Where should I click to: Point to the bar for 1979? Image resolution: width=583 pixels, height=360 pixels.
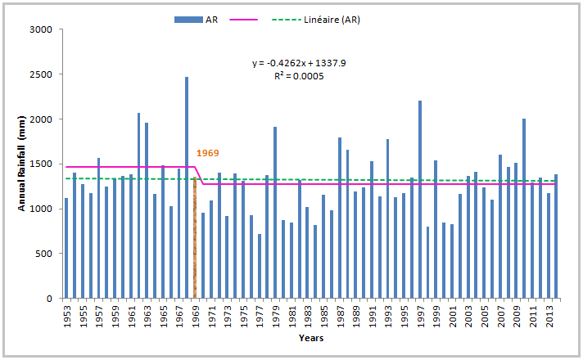click(x=275, y=213)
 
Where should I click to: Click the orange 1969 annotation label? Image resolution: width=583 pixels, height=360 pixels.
click(x=208, y=153)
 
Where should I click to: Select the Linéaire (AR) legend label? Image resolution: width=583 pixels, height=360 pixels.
click(x=331, y=20)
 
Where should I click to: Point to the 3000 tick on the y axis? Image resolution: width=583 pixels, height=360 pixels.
click(x=40, y=29)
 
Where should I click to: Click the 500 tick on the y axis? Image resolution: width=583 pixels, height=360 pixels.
click(x=43, y=254)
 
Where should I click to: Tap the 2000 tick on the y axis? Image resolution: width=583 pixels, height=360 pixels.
click(x=40, y=119)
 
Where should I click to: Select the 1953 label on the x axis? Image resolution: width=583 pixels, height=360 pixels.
click(x=66, y=315)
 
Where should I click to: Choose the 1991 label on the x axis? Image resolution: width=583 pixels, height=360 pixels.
click(x=372, y=315)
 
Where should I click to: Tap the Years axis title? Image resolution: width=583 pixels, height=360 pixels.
click(x=311, y=337)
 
